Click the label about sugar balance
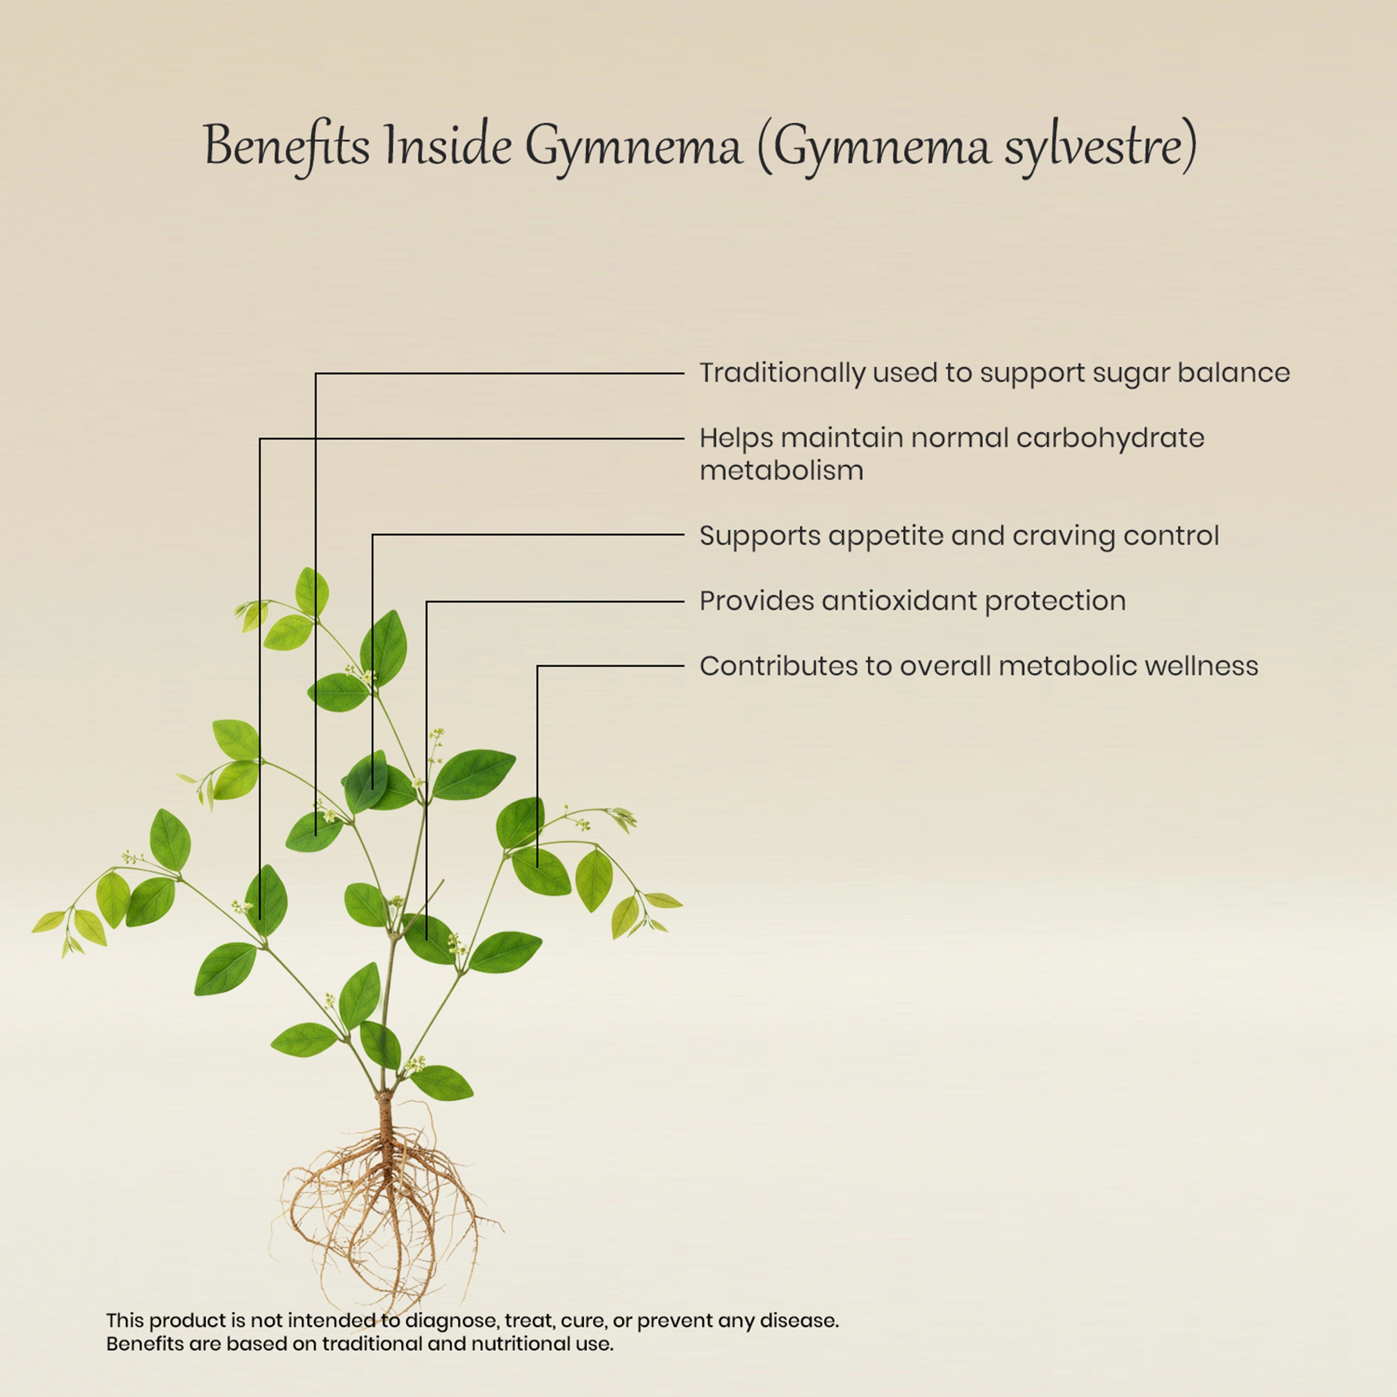pos(994,373)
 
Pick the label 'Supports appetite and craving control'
pos(959,536)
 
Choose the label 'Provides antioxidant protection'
pos(913,601)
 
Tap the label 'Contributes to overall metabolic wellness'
pos(979,666)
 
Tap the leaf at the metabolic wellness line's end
pos(541,871)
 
